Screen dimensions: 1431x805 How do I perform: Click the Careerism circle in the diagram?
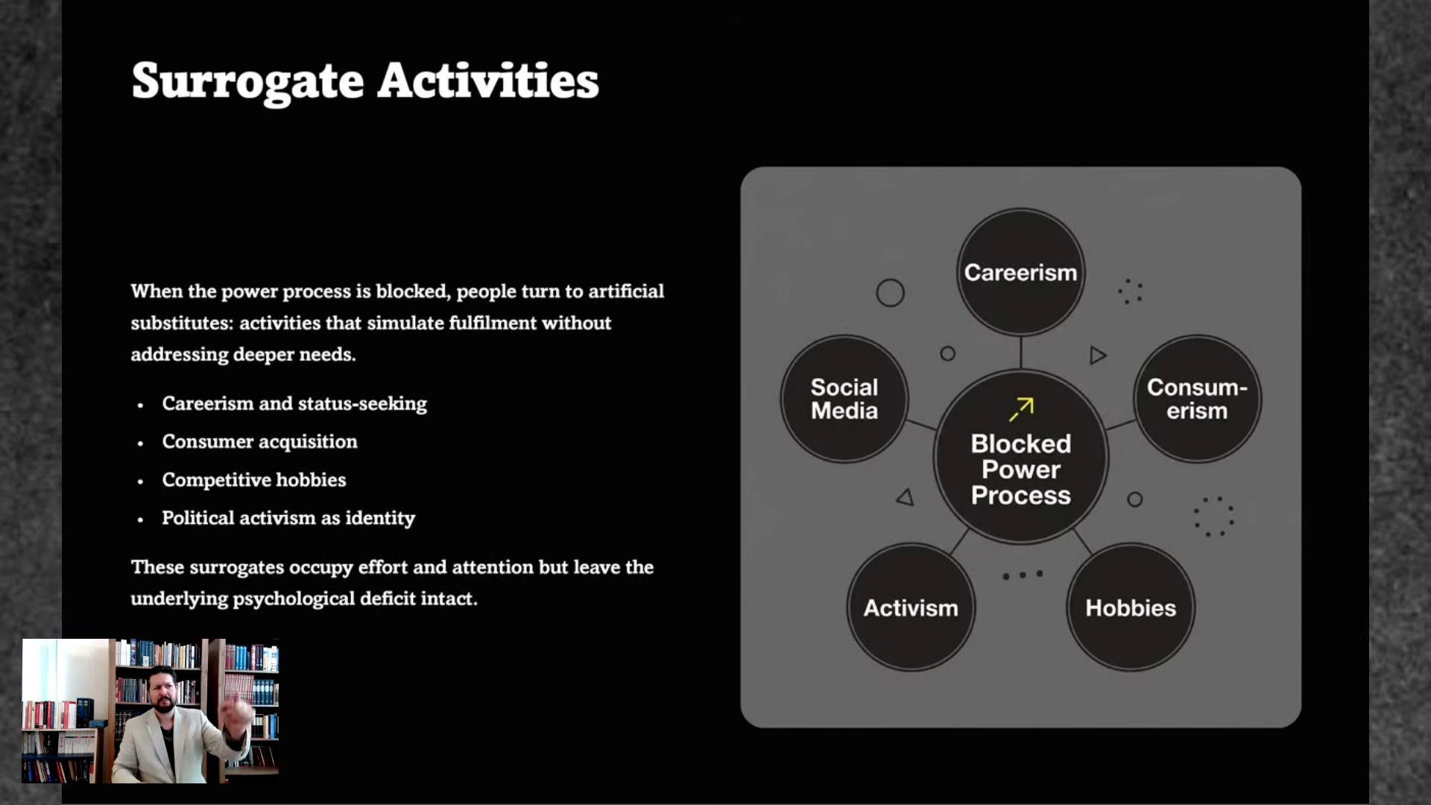[1020, 272]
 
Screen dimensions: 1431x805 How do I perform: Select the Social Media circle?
[844, 399]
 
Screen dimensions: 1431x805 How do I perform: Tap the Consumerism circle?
[1197, 399]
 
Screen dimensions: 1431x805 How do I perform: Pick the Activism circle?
[911, 607]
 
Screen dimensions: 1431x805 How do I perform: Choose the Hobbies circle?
[1131, 607]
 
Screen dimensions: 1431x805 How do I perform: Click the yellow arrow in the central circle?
[1022, 409]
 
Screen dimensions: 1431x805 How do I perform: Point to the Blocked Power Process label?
[1021, 470]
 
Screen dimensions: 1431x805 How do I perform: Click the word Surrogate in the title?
[247, 82]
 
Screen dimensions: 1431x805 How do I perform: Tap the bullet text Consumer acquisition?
[259, 441]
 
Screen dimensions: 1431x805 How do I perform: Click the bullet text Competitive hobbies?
[254, 479]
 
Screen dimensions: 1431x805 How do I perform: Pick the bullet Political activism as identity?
[288, 518]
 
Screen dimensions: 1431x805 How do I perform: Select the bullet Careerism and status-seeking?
[294, 403]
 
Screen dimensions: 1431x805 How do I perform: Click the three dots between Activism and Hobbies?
[1023, 575]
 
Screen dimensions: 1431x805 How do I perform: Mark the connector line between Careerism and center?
[1020, 352]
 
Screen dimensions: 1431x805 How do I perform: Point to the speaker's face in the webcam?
[162, 690]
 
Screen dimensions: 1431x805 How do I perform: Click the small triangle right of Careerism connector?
[1097, 356]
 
